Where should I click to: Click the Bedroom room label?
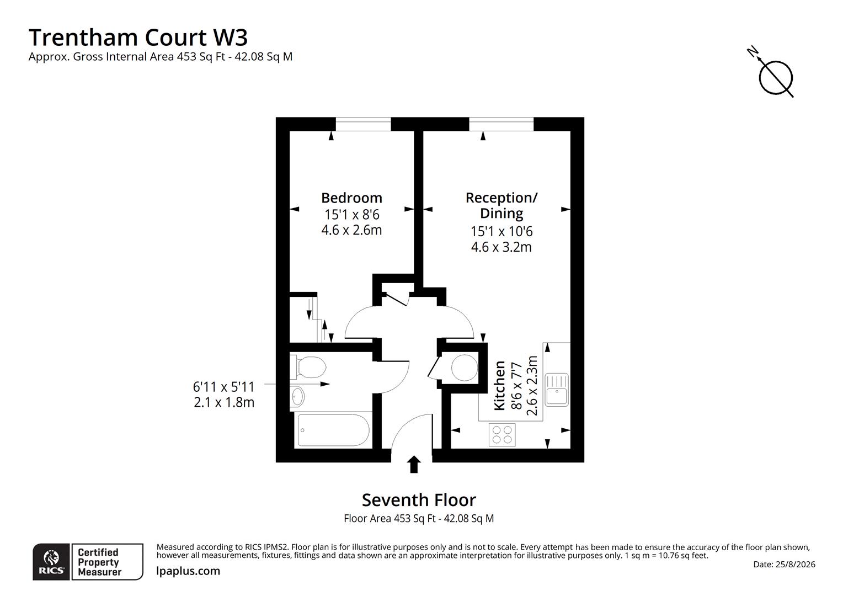351,198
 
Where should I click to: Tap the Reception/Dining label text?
501,206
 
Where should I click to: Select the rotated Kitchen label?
499,386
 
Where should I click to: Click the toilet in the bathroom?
308,367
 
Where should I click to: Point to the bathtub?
333,430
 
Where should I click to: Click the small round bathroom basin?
297,396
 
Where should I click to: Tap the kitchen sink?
556,390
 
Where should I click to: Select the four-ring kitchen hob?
502,435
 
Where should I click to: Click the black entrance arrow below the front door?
414,464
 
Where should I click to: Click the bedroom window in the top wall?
363,124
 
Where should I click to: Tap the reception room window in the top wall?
501,124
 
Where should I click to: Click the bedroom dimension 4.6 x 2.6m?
351,230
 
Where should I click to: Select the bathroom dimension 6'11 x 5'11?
223,387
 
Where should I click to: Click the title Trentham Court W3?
138,38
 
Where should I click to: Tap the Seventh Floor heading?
419,500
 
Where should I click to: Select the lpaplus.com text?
188,571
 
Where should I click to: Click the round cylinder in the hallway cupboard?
465,368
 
